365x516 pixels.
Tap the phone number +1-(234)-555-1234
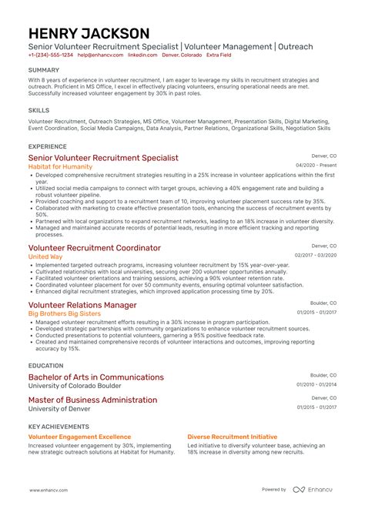coord(51,55)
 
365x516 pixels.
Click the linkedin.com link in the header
coord(142,55)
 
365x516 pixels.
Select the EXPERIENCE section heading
coord(47,146)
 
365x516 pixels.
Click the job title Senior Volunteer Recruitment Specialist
coord(103,157)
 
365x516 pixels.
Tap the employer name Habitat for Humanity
coord(61,166)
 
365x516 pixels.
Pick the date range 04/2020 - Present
coord(316,166)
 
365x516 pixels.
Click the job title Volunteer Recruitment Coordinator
coord(95,248)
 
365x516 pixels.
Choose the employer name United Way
coord(46,256)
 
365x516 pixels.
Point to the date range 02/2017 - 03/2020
coord(316,256)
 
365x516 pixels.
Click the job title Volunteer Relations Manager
coord(82,305)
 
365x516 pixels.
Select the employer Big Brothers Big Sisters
coord(65,313)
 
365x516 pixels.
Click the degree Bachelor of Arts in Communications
coord(96,377)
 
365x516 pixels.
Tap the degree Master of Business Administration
coord(92,400)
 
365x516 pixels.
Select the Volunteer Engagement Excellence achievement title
coord(79,436)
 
